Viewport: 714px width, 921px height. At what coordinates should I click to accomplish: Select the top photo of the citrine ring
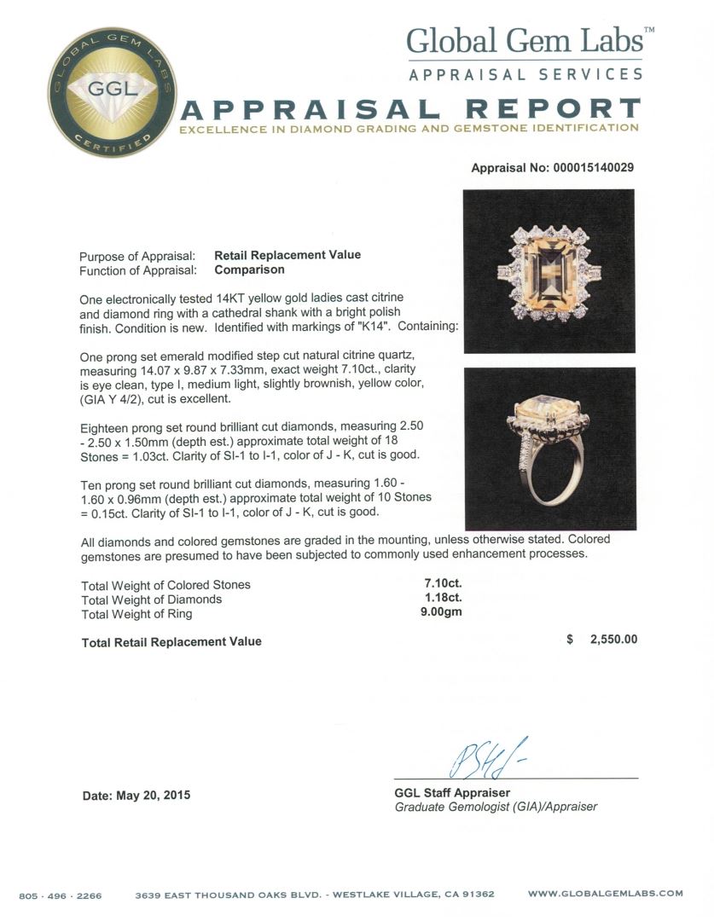(549, 270)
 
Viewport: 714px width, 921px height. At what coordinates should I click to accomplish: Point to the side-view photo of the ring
(549, 449)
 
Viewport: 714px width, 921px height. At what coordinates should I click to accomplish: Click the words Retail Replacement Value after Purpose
(287, 255)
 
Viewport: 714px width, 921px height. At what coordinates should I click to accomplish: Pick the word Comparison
(249, 269)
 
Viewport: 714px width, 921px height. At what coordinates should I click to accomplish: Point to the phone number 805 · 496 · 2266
(61, 895)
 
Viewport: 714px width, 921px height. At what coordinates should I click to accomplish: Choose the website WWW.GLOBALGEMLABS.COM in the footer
(606, 894)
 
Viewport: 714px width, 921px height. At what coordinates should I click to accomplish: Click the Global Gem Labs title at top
(524, 41)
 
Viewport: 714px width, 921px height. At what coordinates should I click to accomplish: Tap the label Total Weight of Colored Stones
(165, 585)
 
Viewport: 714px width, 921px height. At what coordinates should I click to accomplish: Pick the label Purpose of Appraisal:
(137, 256)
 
